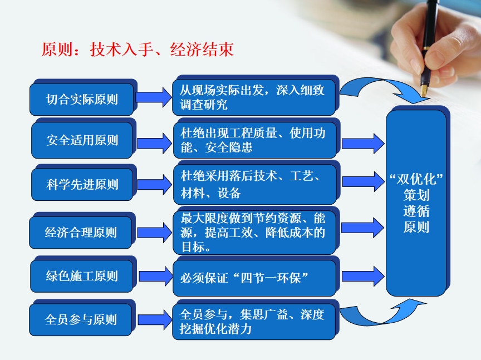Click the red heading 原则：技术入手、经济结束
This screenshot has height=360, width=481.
pyautogui.click(x=138, y=50)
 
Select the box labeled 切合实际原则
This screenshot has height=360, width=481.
pyautogui.click(x=82, y=99)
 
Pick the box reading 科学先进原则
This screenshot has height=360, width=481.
pyautogui.click(x=82, y=184)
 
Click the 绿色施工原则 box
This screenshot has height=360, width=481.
pyautogui.click(x=82, y=276)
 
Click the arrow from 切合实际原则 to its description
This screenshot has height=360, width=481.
pyautogui.click(x=154, y=97)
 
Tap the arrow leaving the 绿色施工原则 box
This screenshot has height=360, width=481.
pyautogui.click(x=156, y=276)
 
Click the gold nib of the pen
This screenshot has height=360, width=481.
pyautogui.click(x=424, y=91)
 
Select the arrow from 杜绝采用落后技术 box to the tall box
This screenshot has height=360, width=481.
pyautogui.click(x=363, y=181)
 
